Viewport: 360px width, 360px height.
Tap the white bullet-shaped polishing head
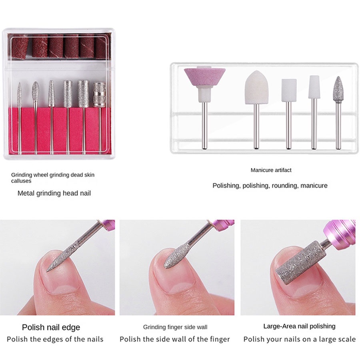click(256, 87)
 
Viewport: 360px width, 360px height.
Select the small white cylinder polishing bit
click(289, 90)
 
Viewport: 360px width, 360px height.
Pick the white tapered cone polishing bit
click(314, 87)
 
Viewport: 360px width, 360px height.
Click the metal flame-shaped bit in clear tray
click(338, 90)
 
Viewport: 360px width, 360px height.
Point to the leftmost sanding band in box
click(20, 47)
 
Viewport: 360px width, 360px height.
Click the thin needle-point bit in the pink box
click(20, 94)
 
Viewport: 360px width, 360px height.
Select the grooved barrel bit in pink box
click(100, 94)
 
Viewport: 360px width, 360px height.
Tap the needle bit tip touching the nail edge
click(47, 271)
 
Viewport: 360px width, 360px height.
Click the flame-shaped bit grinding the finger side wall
click(177, 256)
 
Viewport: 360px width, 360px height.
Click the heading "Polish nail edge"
click(51, 327)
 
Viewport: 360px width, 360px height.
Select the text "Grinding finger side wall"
click(175, 327)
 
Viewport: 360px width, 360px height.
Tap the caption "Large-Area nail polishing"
click(299, 326)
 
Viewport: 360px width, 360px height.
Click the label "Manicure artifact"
click(271, 170)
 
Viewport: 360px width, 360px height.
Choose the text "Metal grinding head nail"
click(54, 193)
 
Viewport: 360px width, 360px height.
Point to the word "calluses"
click(21, 181)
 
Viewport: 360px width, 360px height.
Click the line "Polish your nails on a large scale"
click(299, 339)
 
